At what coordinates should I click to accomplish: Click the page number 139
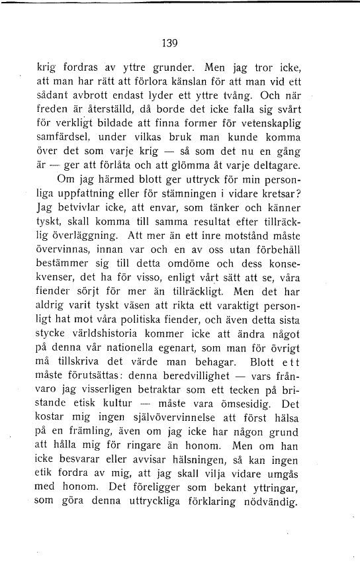point(171,44)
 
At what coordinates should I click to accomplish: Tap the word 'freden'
point(54,109)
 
